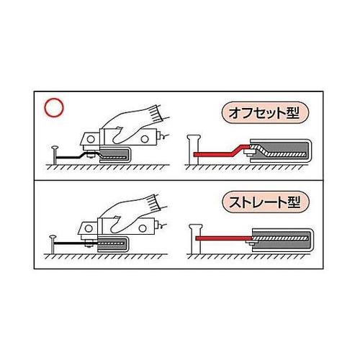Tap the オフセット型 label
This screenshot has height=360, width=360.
264,113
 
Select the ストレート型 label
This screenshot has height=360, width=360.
265,202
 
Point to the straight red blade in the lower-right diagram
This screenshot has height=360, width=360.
224,238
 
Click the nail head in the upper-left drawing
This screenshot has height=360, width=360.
55,148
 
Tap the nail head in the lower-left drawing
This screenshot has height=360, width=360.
53,237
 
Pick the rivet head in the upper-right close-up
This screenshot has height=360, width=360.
193,138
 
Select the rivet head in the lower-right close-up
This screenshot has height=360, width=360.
196,227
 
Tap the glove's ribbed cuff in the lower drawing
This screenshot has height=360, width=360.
156,202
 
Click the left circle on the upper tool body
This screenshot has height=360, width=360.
91,139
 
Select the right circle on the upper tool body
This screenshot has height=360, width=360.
145,139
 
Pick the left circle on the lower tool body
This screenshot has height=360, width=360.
89,228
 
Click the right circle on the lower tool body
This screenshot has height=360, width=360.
143,228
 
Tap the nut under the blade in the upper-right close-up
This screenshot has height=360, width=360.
248,153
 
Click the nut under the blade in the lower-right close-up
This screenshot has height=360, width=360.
251,243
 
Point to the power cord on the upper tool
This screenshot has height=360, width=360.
165,137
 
